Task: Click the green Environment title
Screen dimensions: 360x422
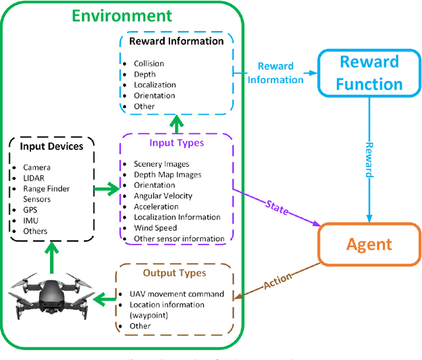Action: (x=121, y=15)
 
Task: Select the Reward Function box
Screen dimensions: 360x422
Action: (x=369, y=73)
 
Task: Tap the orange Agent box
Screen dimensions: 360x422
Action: (x=369, y=245)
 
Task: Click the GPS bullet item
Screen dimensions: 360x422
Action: (x=30, y=210)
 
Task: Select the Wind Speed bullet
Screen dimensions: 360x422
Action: (x=155, y=227)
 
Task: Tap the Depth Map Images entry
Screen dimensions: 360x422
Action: (x=167, y=175)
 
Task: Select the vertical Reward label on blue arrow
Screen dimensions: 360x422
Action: (x=369, y=160)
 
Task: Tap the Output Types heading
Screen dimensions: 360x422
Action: (x=175, y=273)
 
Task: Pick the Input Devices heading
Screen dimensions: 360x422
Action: (x=51, y=146)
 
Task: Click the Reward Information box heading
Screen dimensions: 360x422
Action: (x=176, y=41)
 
